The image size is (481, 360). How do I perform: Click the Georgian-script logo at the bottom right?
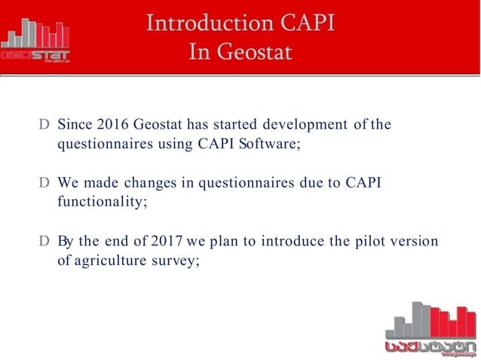pyautogui.click(x=429, y=327)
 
